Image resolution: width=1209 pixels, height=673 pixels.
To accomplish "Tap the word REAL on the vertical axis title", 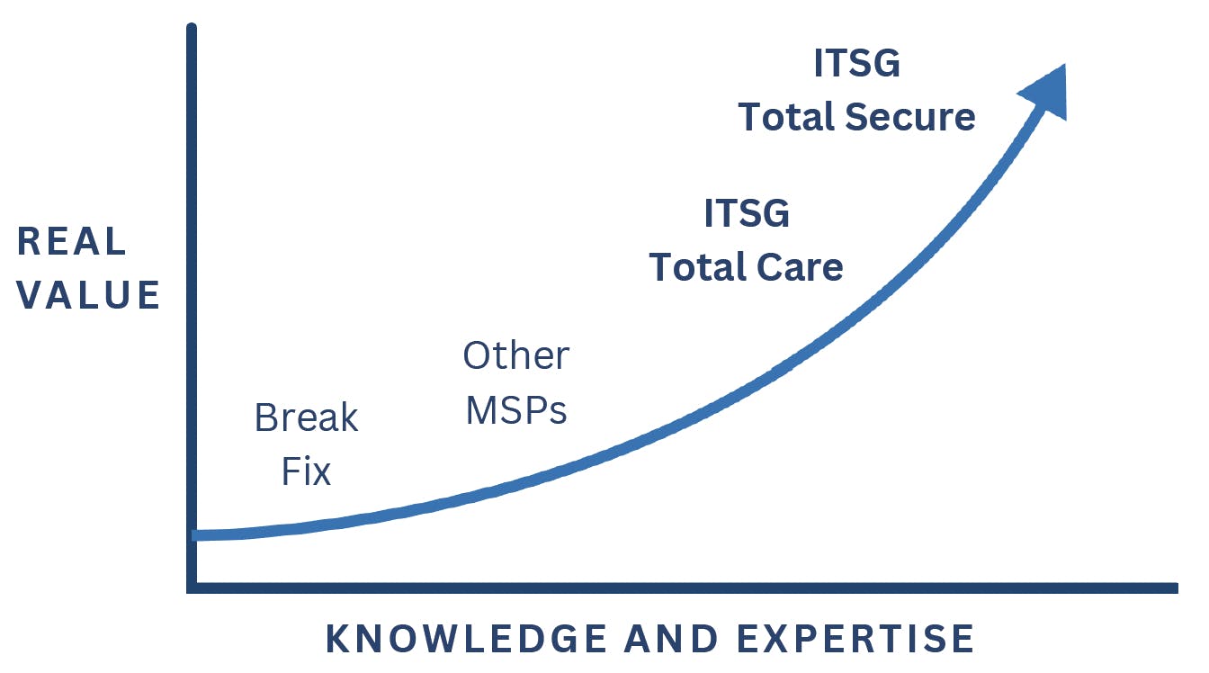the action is tap(72, 241).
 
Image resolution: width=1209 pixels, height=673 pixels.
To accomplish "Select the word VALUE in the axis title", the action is tap(88, 295).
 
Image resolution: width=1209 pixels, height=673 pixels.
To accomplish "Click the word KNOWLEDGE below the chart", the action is tap(467, 639).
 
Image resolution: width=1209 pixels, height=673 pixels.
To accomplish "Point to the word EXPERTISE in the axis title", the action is tap(855, 639).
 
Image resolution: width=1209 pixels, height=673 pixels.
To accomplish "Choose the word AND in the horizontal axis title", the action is tap(672, 639).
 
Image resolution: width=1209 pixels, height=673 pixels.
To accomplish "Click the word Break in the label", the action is tap(306, 417).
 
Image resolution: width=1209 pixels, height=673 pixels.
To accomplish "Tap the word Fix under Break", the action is tap(306, 471).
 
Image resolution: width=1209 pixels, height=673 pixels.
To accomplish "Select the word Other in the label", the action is tap(516, 355).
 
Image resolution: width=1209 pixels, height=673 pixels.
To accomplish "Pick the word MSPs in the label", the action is tap(516, 410).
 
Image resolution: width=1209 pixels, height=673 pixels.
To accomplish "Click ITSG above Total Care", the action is tap(747, 213).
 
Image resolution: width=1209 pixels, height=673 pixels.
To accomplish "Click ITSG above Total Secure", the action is tap(856, 63).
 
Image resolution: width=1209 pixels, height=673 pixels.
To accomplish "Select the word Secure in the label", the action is tap(910, 117).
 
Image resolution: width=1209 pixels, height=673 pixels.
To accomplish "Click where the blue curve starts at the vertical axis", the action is tap(195, 534).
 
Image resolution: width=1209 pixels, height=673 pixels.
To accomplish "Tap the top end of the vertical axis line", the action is tap(192, 26).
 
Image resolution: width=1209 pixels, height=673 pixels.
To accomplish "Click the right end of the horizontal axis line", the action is tap(1177, 588).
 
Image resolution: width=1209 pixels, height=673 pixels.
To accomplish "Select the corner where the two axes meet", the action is tap(192, 588).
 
